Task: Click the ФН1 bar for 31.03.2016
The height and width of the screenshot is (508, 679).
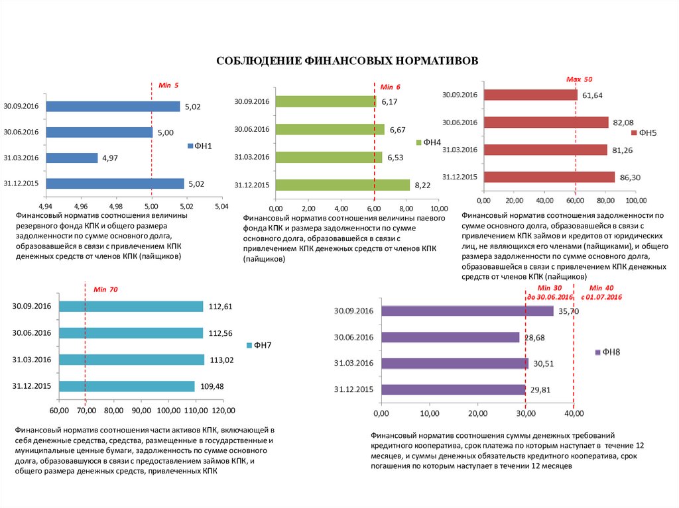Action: point(71,158)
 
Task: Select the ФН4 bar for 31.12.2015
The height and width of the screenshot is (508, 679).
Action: point(343,185)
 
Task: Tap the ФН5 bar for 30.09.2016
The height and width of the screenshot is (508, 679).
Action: point(530,95)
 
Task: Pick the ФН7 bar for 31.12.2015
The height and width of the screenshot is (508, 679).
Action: point(127,386)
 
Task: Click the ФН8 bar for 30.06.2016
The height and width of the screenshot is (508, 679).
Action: point(451,337)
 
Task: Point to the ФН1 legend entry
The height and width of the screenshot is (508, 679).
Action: point(201,146)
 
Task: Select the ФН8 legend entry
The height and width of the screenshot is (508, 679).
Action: point(608,352)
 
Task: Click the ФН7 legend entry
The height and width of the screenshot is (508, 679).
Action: point(259,346)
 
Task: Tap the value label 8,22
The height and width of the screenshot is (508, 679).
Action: point(422,185)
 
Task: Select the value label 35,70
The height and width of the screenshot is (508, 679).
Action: point(569,311)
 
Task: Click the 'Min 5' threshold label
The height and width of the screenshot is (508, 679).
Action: point(168,85)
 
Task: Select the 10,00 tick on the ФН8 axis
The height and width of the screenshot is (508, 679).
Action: point(429,414)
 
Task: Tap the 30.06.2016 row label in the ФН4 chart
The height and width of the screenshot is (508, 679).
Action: point(252,129)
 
